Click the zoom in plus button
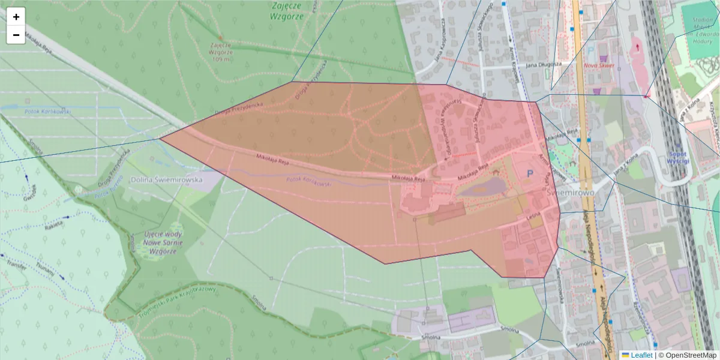coord(16,17)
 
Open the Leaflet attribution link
coord(641,355)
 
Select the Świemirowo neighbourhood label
coord(571,193)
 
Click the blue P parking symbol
coord(530,173)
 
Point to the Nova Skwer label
coord(599,65)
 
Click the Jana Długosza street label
coord(544,64)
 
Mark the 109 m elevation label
coord(221,59)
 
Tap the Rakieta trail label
coord(53,227)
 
